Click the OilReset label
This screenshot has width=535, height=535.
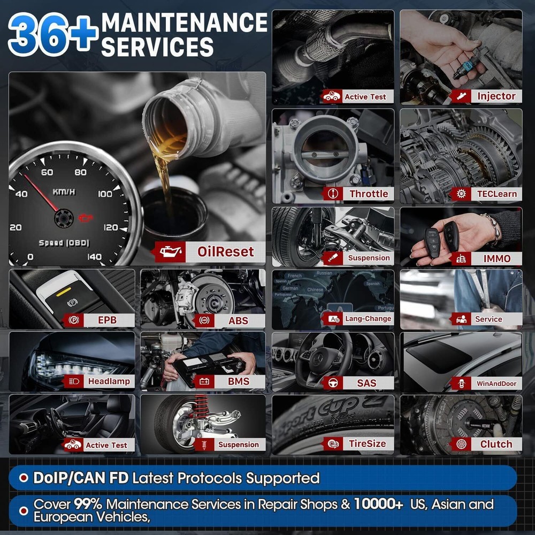(x=225, y=251)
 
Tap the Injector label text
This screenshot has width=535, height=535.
(x=496, y=96)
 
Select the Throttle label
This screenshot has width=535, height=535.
(x=369, y=194)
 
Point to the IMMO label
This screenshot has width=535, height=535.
(x=497, y=258)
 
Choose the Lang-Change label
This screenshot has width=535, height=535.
(x=368, y=319)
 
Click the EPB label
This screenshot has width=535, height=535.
(x=108, y=320)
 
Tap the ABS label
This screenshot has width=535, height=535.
(x=238, y=320)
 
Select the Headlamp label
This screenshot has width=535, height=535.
(x=109, y=382)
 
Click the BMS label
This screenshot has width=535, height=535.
(x=238, y=382)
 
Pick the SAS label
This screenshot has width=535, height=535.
(x=366, y=383)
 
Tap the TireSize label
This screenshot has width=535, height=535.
(x=367, y=444)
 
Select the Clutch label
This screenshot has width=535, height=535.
(x=496, y=444)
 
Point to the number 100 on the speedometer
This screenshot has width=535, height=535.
(x=105, y=194)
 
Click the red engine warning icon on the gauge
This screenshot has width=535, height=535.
(x=85, y=217)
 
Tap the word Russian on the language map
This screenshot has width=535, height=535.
(x=324, y=273)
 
